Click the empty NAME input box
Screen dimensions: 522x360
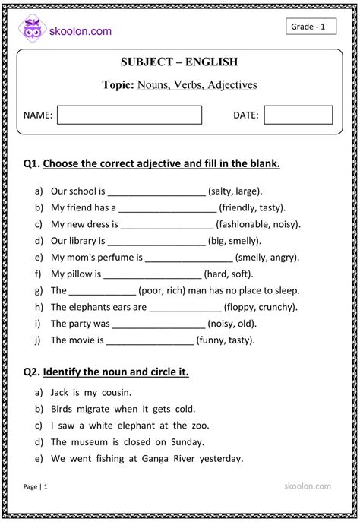click(x=129, y=115)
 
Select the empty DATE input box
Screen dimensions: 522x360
click(x=298, y=115)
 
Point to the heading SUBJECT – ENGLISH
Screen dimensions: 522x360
click(x=179, y=62)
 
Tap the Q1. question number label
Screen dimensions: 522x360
click(x=31, y=163)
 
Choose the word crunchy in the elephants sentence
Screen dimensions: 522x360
click(x=276, y=307)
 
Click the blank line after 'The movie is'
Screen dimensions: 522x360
click(x=150, y=340)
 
